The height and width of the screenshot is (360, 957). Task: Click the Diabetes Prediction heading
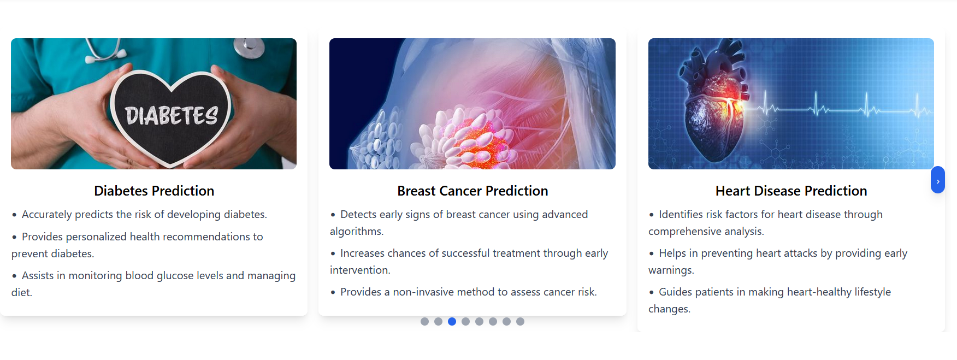(154, 191)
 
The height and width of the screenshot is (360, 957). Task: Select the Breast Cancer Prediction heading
(472, 191)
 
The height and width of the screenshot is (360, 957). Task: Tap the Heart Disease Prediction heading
(791, 191)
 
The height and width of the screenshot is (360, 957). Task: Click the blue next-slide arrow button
(937, 180)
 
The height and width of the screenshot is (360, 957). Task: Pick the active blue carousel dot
(452, 321)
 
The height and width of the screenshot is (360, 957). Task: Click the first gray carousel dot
(424, 321)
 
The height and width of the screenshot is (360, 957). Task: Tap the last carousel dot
(520, 321)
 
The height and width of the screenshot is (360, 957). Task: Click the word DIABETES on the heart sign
(172, 115)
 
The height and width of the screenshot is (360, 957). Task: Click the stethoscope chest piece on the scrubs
(249, 48)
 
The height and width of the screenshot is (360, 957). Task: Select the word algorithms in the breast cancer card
(357, 231)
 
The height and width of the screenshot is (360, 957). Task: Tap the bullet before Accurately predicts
(14, 215)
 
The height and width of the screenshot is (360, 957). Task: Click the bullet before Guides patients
(651, 293)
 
